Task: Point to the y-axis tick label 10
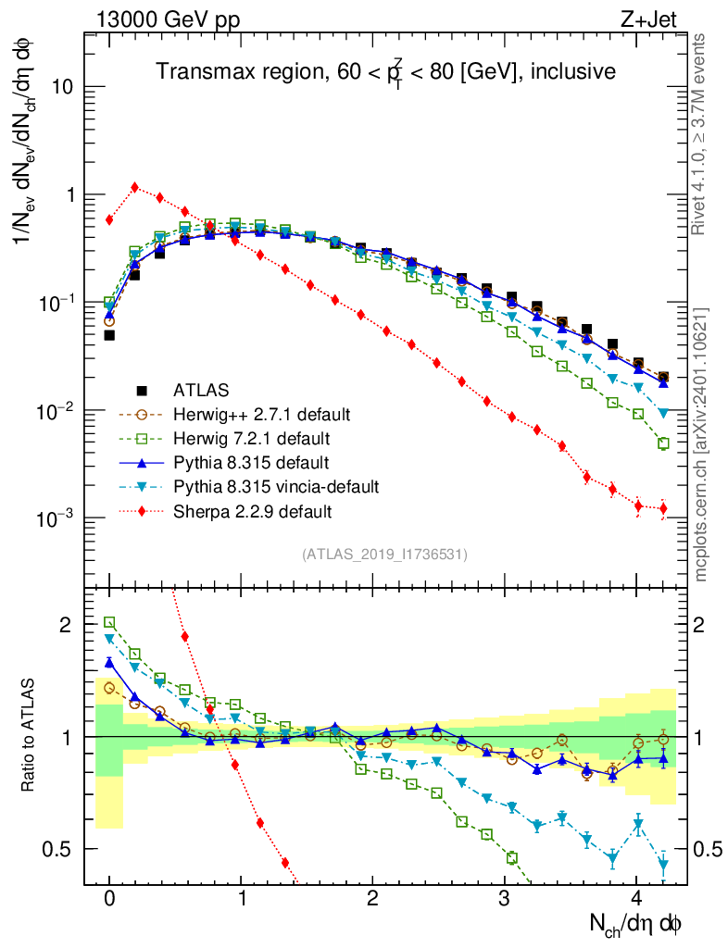(x=62, y=87)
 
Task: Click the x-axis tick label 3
(x=505, y=897)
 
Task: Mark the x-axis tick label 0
(x=109, y=897)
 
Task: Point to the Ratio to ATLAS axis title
(x=30, y=737)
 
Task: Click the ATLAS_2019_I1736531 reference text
(x=384, y=555)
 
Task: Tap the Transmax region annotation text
(x=385, y=71)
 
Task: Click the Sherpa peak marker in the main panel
(x=135, y=187)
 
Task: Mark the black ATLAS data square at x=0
(x=109, y=335)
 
